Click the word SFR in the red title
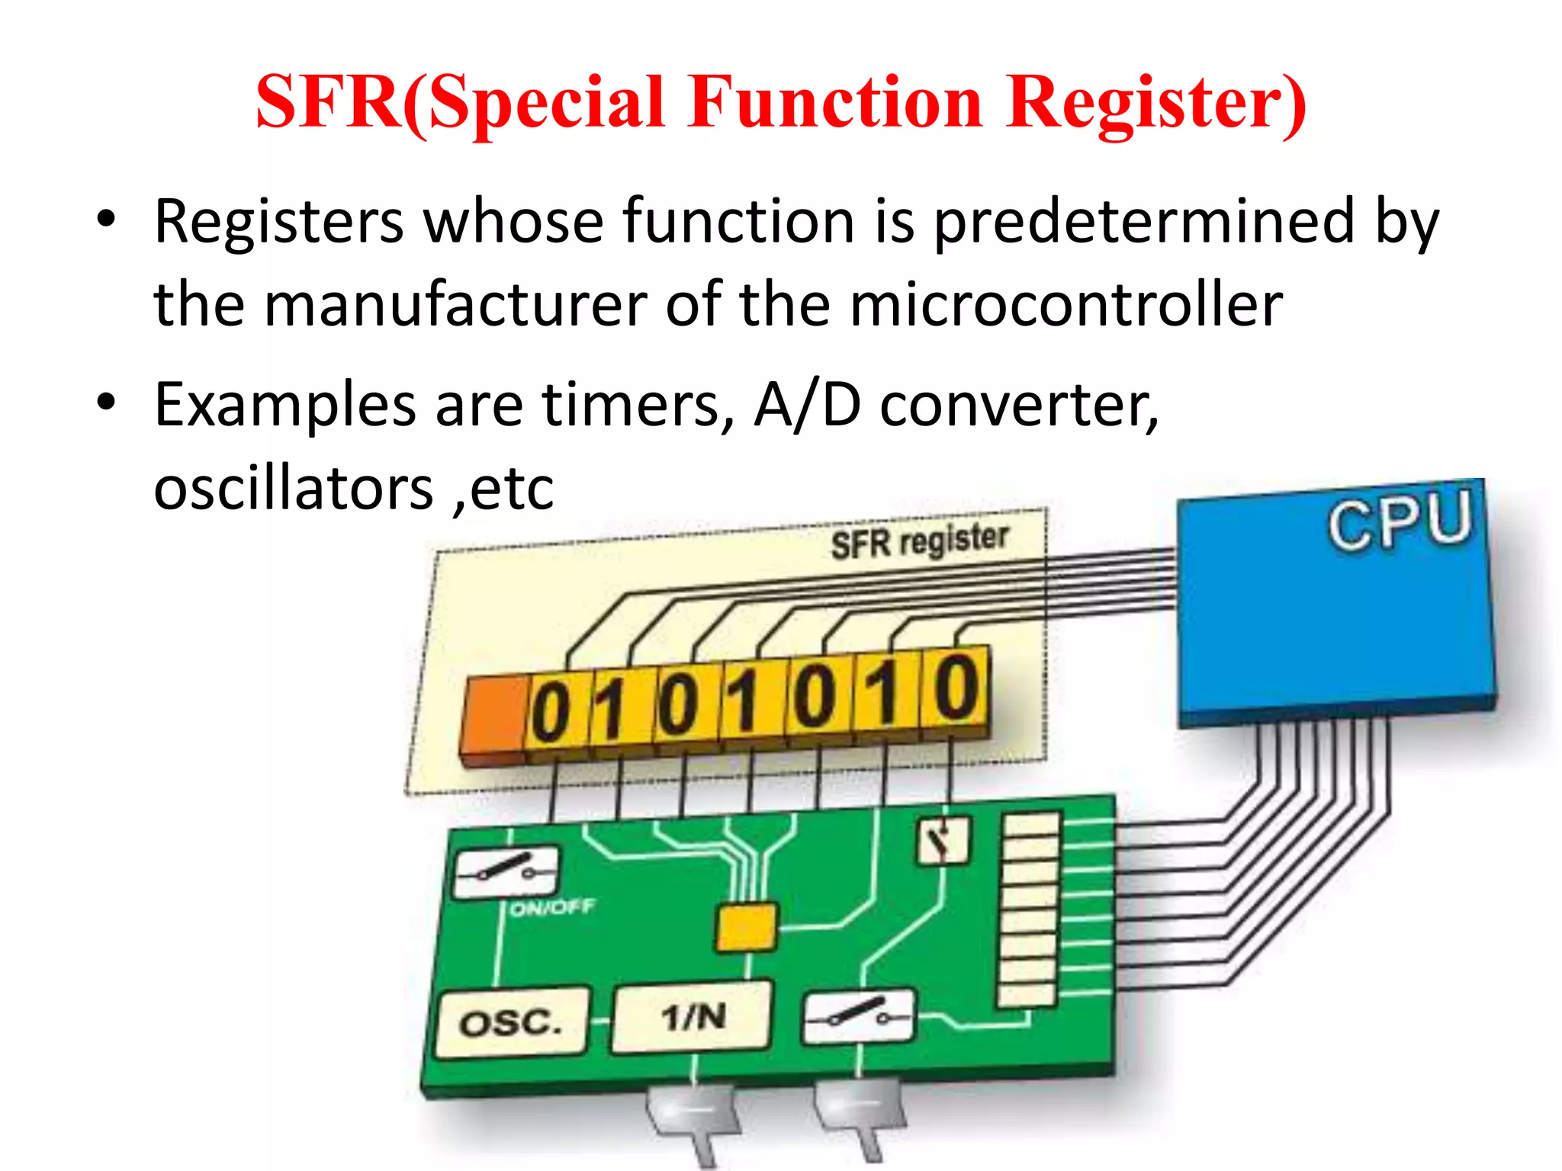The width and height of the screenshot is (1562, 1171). coord(328,103)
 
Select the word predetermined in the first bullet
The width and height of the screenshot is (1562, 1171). coord(1144,223)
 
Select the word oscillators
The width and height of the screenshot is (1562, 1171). coord(293,489)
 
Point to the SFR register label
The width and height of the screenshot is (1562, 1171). coord(919,541)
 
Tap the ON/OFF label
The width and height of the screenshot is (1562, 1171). coord(551,908)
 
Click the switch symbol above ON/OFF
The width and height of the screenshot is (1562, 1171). coord(506,871)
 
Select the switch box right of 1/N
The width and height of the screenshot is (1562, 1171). coord(859,1015)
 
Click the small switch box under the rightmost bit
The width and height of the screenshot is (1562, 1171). coord(943,841)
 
